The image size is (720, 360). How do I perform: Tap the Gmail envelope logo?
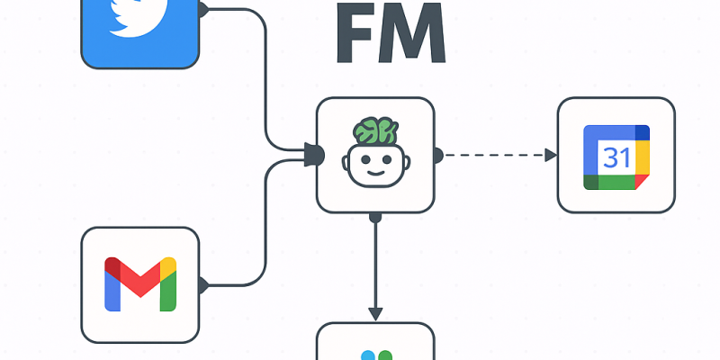coord(139,283)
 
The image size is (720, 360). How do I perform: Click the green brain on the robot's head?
coord(374,131)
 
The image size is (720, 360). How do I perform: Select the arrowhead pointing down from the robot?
coord(374,312)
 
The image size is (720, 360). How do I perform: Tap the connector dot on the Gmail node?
coord(202,285)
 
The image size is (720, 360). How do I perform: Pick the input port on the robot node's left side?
coord(314,155)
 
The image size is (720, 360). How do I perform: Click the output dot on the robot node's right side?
coord(436,155)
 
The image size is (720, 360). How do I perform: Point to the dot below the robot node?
coord(374,216)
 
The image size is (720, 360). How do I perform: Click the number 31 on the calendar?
coord(616,157)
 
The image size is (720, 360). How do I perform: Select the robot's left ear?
coord(347,163)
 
